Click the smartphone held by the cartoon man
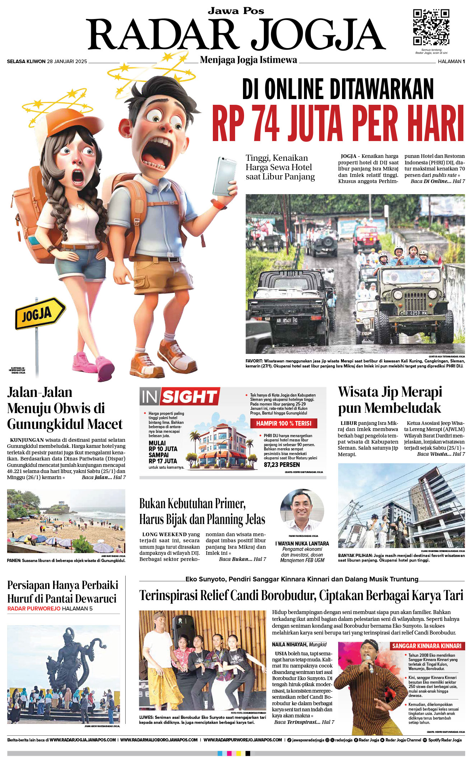[224, 176]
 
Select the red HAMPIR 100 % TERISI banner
[284, 423]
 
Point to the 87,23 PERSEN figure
[282, 464]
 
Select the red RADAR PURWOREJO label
[34, 608]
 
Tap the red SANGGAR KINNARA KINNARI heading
[426, 646]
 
